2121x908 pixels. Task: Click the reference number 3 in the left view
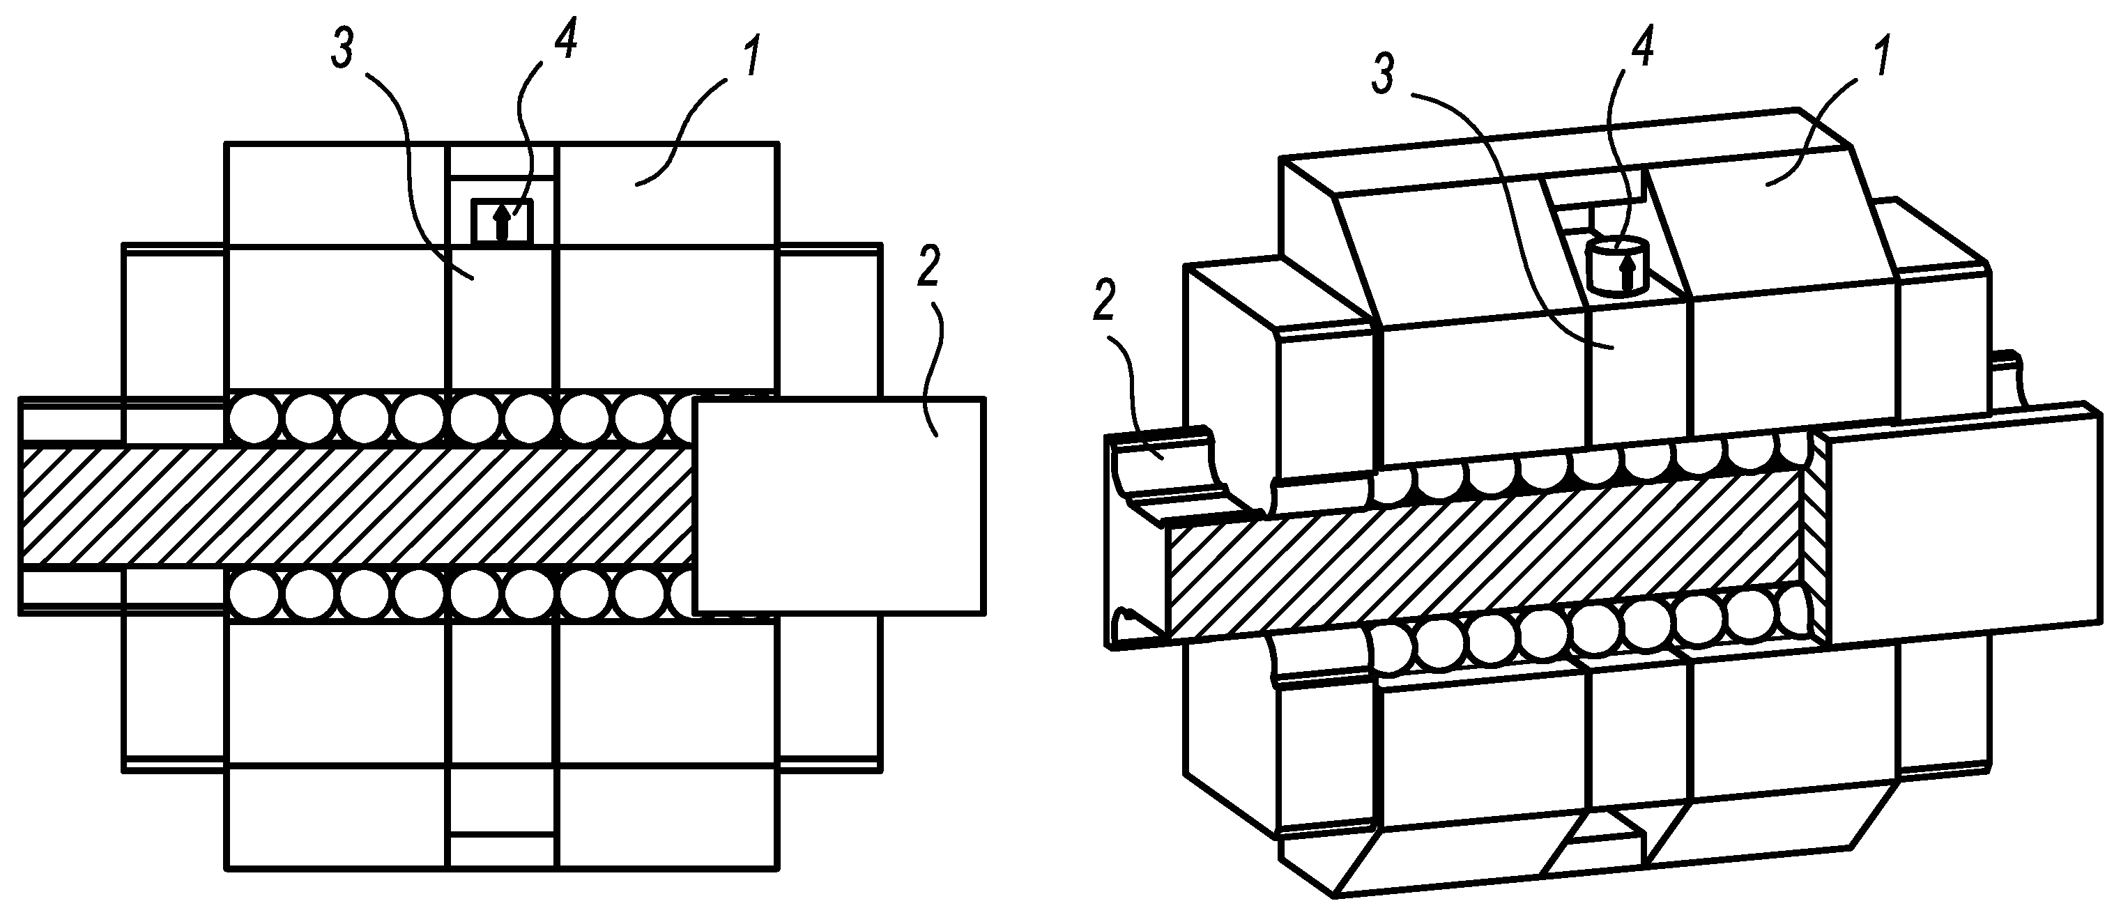point(344,51)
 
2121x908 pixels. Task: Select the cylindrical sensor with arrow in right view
point(1615,265)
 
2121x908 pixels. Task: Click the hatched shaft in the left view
point(354,507)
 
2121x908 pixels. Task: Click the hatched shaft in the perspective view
point(1482,560)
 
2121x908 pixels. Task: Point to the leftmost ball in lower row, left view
point(254,594)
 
